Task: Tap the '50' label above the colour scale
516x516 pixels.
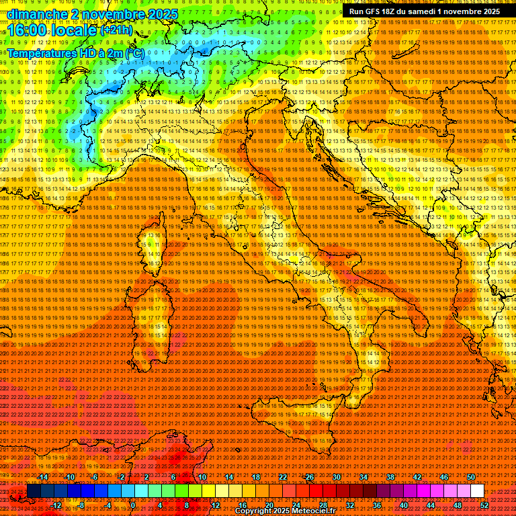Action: [x=471, y=477]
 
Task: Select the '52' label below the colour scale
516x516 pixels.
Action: [x=484, y=505]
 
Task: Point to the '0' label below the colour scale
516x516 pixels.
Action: [x=133, y=505]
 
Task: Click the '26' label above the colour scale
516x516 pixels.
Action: [x=309, y=477]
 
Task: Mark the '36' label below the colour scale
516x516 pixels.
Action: [x=376, y=505]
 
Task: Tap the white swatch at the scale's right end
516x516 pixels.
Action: [x=477, y=491]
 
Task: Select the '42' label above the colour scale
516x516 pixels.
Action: [x=417, y=477]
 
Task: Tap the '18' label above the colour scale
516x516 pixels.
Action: [x=255, y=477]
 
